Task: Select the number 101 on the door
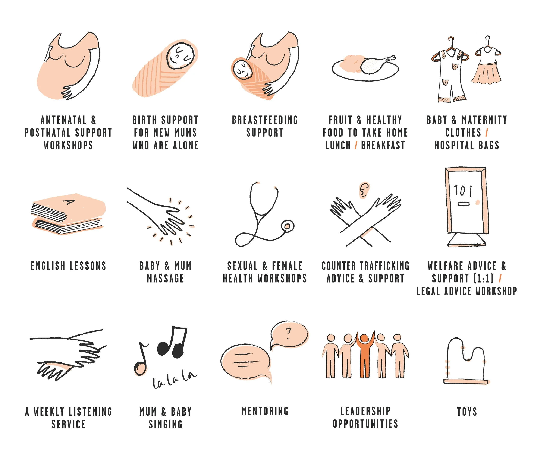[x=463, y=191]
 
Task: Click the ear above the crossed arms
[x=364, y=190]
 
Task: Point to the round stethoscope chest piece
[x=288, y=226]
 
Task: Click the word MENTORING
[x=265, y=411]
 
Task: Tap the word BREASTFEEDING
[x=265, y=120]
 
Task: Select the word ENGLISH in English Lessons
[x=48, y=266]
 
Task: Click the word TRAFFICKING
[x=384, y=266]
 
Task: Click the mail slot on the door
[x=463, y=204]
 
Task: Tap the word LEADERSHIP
[x=365, y=411]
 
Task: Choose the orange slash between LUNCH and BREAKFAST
[x=356, y=146]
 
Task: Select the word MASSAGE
[x=166, y=279]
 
